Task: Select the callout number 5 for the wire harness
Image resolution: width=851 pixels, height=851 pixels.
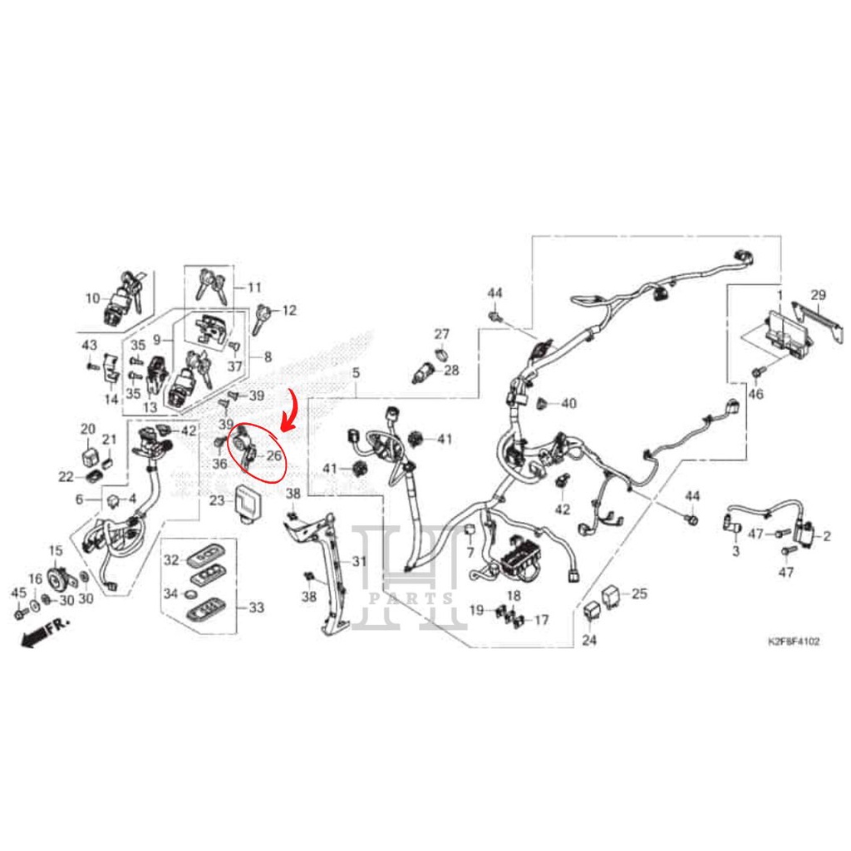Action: [355, 373]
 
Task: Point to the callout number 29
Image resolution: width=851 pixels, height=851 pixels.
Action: [818, 295]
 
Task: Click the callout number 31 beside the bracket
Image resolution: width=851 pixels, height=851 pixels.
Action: [358, 562]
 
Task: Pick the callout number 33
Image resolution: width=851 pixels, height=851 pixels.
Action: [256, 608]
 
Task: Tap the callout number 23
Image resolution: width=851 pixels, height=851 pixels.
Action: [217, 500]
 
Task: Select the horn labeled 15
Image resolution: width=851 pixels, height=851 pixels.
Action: [57, 578]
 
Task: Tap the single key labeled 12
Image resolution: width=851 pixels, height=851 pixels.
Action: [264, 316]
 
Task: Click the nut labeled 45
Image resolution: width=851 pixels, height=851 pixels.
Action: [19, 615]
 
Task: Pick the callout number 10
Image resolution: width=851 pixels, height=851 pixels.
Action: [92, 298]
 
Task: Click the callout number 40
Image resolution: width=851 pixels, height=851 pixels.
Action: [568, 404]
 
